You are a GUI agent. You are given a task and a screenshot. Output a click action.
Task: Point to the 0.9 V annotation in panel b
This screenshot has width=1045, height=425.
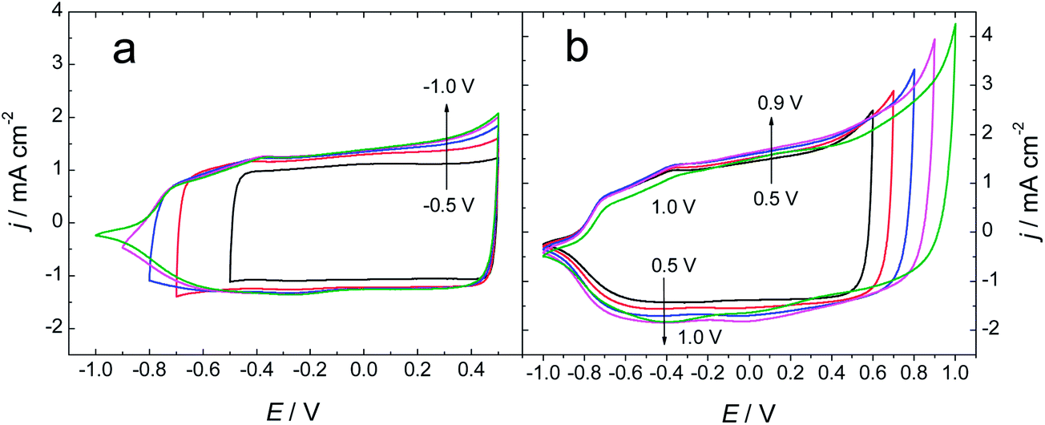point(781,103)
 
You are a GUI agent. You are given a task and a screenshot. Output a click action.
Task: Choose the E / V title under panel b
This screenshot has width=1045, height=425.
point(747,411)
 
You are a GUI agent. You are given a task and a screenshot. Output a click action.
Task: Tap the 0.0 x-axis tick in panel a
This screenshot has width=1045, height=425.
point(363,374)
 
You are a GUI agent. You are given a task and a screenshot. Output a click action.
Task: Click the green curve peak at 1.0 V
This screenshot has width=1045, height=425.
point(954,25)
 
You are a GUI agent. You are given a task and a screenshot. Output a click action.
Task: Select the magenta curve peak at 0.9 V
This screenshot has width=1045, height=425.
point(934,40)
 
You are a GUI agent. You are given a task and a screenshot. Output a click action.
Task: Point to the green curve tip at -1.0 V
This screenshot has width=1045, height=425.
point(96,234)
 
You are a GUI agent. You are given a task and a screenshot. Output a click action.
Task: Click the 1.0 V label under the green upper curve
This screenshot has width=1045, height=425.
point(674,208)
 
